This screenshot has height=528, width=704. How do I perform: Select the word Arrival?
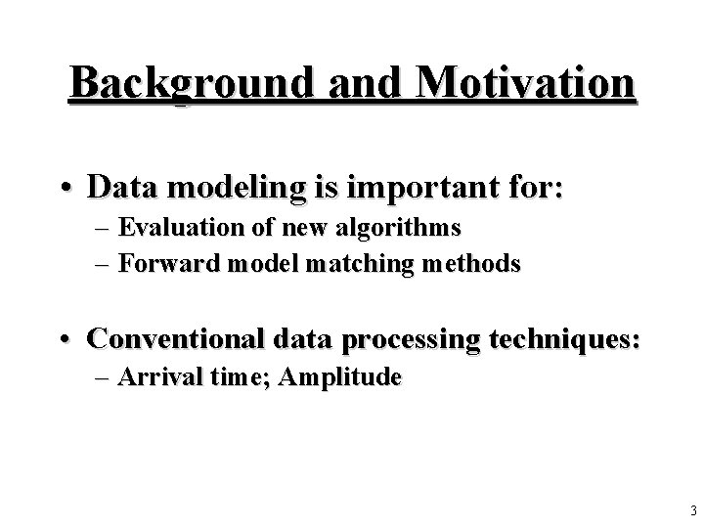[150, 378]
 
